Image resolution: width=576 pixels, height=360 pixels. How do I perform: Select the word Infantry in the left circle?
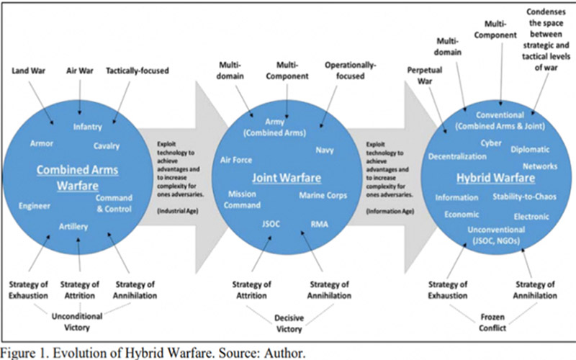click(x=87, y=127)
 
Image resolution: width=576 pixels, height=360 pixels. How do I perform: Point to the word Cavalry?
click(x=107, y=146)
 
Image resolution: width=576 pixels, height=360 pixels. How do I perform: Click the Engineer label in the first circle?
click(x=35, y=206)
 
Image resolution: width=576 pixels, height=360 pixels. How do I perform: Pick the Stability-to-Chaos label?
click(x=521, y=197)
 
